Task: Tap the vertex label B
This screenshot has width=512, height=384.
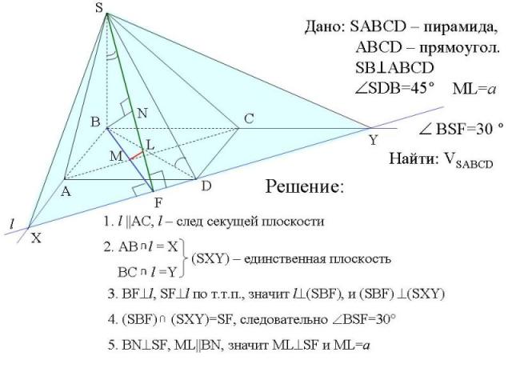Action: click(x=94, y=122)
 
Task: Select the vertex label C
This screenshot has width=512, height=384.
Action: click(x=249, y=118)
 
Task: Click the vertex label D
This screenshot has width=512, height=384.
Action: click(x=206, y=186)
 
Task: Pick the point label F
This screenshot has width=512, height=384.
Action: click(x=158, y=200)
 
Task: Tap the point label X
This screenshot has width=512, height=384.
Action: click(x=36, y=238)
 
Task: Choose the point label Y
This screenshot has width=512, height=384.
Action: click(x=373, y=140)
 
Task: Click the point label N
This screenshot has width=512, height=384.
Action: click(x=142, y=114)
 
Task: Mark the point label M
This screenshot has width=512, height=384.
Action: click(x=115, y=155)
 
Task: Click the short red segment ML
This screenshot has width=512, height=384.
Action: click(x=137, y=153)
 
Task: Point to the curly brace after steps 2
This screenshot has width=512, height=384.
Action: click(x=184, y=259)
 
